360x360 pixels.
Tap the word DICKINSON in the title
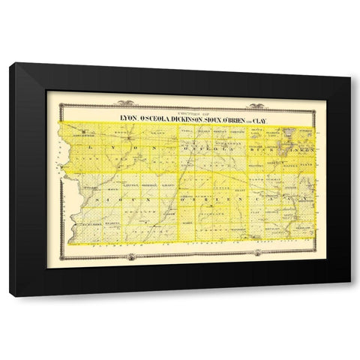click(x=186, y=117)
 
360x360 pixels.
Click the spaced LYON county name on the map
click(x=120, y=150)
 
